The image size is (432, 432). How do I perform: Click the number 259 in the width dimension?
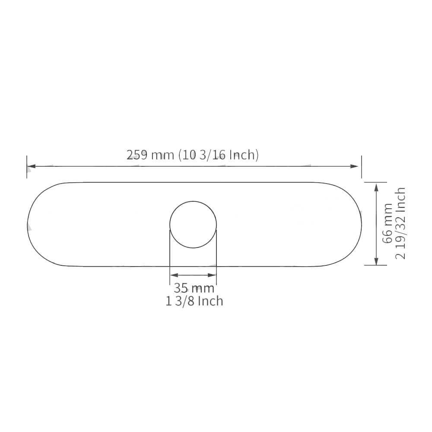[x=137, y=155]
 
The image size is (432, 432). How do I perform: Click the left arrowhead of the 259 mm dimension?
[x=32, y=166]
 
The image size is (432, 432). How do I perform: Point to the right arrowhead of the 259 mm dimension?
[x=354, y=166]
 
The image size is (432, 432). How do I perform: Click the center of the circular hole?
[x=193, y=225]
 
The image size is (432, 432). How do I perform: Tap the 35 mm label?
[x=194, y=288]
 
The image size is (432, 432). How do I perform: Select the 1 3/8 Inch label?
[x=194, y=301]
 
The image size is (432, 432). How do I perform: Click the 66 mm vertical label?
[x=388, y=223]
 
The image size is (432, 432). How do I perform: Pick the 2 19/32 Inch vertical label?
[x=400, y=223]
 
